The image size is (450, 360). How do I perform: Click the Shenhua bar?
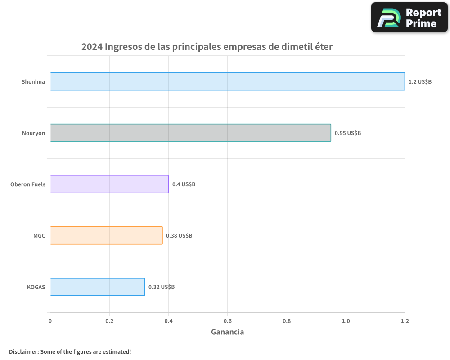coord(227,81)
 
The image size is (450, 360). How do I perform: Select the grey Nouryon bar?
coord(190,133)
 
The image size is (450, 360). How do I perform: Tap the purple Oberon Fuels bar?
coord(109,184)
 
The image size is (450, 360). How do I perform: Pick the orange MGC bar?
coord(106,235)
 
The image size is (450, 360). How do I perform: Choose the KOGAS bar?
coord(97,287)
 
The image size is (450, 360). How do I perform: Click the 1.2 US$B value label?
coord(420,82)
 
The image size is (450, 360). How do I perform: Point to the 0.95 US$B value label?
coord(347,133)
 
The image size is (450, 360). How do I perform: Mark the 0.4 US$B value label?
coord(184,184)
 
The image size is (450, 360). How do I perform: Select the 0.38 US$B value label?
coord(179,236)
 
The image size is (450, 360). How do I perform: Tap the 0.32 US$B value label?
coord(162,287)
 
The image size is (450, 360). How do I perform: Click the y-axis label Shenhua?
coord(33,82)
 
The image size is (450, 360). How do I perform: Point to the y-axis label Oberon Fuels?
coord(28,184)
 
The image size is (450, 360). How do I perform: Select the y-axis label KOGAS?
coord(36,287)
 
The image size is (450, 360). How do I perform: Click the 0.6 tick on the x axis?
coord(228,321)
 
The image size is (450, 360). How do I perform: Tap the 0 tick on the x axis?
coord(50,321)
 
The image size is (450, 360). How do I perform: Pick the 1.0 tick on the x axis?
coord(346,321)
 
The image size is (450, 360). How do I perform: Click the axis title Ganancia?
coord(227,332)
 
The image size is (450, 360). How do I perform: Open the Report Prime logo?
coord(409,18)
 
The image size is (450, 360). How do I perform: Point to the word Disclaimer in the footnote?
coord(23,351)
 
